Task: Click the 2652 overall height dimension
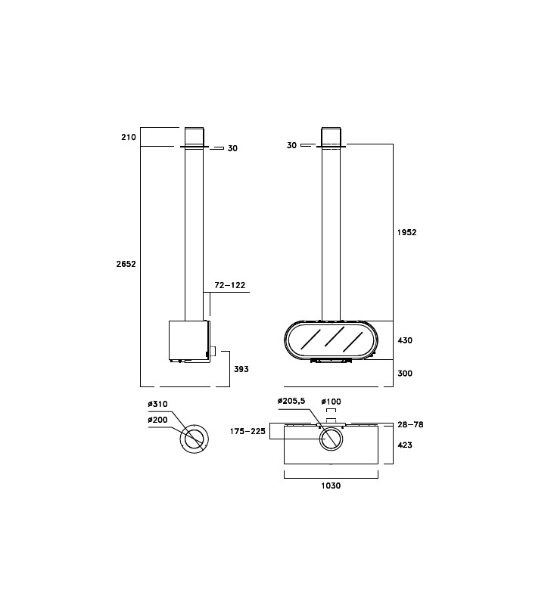pos(126,264)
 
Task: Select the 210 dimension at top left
pos(129,137)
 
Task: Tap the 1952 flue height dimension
pos(407,232)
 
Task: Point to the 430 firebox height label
pos(405,340)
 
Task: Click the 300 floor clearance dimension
pos(405,373)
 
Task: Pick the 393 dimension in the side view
pos(241,369)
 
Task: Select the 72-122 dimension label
pos(230,285)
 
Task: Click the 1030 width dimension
pos(331,486)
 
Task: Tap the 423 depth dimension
pos(405,445)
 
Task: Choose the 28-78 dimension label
pos(410,424)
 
